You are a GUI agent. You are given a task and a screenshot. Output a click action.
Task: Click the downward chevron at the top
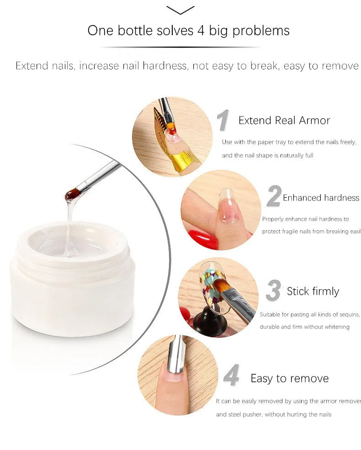(x=180, y=10)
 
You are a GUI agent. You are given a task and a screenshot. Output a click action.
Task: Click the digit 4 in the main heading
(x=202, y=31)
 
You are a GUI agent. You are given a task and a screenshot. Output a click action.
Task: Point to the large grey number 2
(x=273, y=197)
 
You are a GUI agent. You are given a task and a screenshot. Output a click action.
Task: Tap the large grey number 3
(x=273, y=291)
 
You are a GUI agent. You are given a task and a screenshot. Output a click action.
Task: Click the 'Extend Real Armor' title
(x=284, y=121)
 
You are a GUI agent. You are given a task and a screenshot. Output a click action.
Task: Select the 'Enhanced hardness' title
(x=321, y=198)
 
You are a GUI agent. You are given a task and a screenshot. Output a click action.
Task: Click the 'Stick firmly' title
(x=313, y=291)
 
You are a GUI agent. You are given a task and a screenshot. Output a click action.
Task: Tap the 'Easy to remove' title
(x=289, y=378)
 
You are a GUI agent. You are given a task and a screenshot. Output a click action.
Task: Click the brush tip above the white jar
(x=72, y=196)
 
